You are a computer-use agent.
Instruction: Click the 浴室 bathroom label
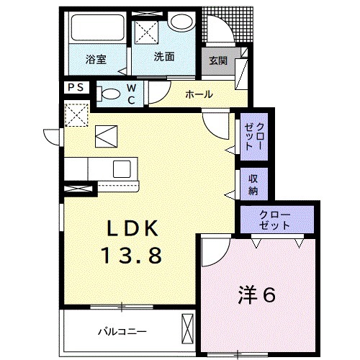96,59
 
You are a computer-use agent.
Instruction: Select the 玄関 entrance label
218,61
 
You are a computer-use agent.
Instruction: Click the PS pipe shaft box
76,87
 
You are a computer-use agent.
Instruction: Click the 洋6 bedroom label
258,296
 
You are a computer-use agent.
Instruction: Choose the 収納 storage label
253,184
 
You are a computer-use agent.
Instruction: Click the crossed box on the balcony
189,330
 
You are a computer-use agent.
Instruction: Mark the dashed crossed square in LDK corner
75,114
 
